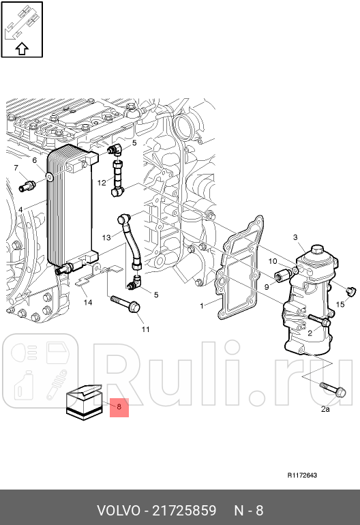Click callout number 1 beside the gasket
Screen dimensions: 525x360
202,305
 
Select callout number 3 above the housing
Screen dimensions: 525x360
295,237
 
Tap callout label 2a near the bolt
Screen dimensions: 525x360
325,409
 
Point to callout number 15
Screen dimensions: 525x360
341,305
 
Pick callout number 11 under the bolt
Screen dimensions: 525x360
145,330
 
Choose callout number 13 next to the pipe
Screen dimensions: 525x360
106,237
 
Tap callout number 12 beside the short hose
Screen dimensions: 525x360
101,183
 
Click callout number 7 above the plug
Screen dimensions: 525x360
15,168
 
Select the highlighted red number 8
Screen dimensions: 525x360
119,407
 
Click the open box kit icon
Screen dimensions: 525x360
83,401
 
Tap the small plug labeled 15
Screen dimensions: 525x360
351,292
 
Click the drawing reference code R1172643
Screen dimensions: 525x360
302,475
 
